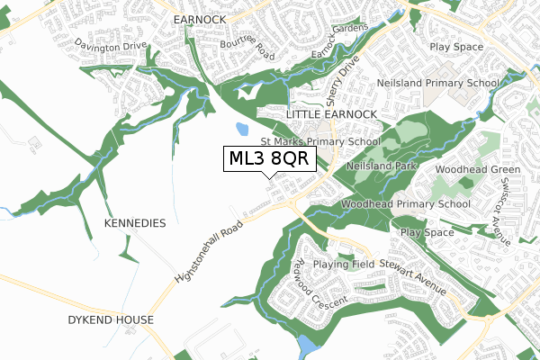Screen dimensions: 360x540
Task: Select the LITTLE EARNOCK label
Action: pos(330,116)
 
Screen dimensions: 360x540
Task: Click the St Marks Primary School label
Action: pos(319,141)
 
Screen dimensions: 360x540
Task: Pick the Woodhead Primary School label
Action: pos(406,204)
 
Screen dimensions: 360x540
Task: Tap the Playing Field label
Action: pos(343,265)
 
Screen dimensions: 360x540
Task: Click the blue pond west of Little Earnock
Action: pos(241,131)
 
